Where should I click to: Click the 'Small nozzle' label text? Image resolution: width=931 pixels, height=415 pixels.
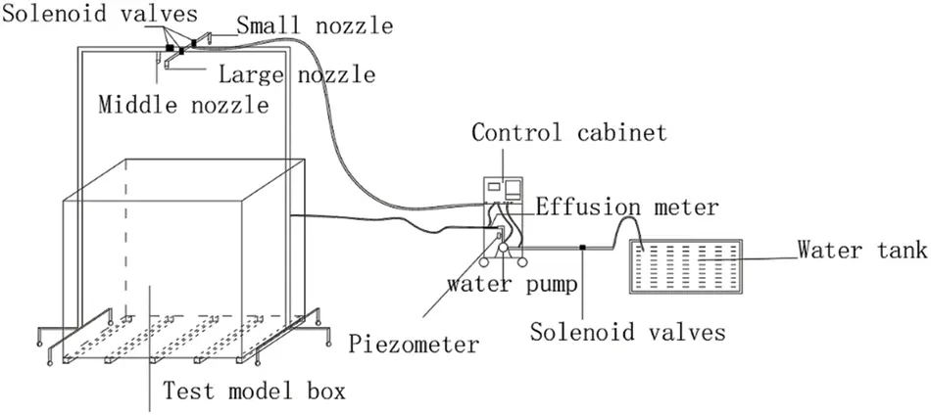point(315,25)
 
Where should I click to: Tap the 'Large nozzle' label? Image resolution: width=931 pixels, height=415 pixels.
point(297,74)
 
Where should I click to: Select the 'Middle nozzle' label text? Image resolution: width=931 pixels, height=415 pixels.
point(184,106)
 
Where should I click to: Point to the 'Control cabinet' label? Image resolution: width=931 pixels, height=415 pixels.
point(568,132)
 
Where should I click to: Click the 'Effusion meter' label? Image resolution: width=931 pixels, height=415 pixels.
point(627,207)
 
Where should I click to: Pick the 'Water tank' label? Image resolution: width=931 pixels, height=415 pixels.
point(861,250)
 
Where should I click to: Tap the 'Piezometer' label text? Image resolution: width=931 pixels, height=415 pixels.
point(414,344)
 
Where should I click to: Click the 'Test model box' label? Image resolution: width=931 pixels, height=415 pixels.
point(254,392)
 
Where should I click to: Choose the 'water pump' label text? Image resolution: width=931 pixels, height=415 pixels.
point(512,284)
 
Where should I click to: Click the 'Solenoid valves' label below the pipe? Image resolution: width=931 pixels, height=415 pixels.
point(627,332)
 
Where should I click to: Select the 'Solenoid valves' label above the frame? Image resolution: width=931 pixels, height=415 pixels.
point(99,14)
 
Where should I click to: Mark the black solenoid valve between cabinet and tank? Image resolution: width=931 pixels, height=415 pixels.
point(583,247)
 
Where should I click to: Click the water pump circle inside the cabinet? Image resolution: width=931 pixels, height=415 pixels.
point(503,248)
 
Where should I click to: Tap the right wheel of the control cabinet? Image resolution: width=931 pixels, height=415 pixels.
point(522,261)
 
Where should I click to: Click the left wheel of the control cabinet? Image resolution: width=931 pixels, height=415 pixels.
point(485,261)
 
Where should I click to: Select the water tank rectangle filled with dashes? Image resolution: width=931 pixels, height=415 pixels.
point(686,266)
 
